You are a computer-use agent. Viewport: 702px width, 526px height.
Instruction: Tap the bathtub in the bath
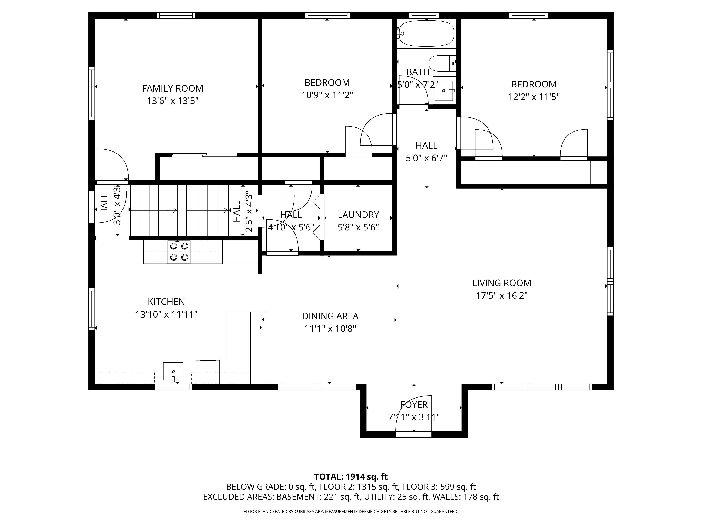coord(426,33)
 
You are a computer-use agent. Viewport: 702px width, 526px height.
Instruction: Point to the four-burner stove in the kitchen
coord(179,252)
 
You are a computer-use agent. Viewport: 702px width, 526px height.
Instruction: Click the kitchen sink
coord(173,371)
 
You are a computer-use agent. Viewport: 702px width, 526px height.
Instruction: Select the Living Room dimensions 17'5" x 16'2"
coord(502,295)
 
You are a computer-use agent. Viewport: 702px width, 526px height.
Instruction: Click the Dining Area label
coord(330,316)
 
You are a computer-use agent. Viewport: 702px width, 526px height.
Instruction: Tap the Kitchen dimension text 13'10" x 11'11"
coord(166,315)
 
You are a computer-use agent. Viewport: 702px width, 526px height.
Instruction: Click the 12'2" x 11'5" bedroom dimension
coord(534,97)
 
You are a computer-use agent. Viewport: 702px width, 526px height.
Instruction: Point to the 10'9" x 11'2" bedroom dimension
coord(327,95)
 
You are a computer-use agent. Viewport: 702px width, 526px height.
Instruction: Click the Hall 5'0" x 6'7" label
coord(426,151)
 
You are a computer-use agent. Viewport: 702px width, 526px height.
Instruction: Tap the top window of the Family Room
coord(176,15)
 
